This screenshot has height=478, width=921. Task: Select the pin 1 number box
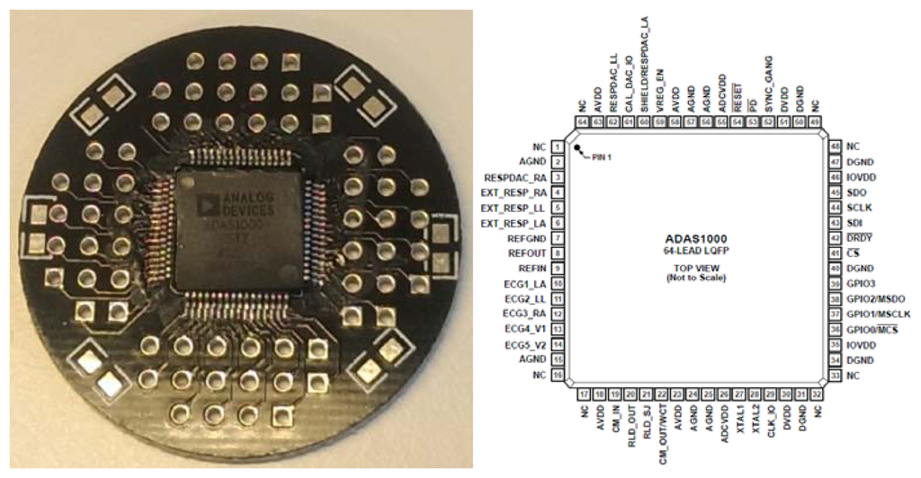(559, 146)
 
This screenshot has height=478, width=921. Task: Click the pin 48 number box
(836, 146)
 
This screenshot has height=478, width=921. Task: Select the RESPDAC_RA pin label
(515, 177)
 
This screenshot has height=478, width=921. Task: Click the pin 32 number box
(817, 394)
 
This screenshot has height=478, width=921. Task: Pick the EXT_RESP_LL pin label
(514, 208)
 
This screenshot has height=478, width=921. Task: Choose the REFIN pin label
(530, 269)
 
